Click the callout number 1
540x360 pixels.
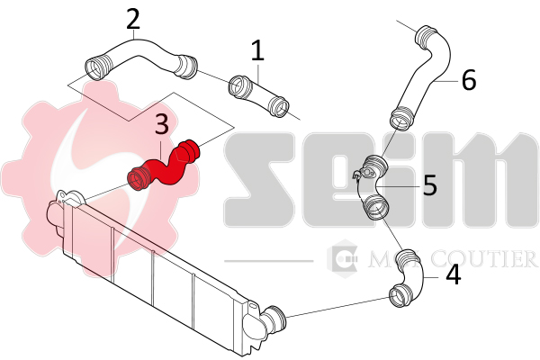[258, 49]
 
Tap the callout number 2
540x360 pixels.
[133, 18]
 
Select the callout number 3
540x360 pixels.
[162, 123]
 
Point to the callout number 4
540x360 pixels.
[454, 274]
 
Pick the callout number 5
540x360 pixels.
[429, 185]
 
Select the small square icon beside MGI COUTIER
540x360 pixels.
[344, 259]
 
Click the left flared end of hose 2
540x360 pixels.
[95, 66]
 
